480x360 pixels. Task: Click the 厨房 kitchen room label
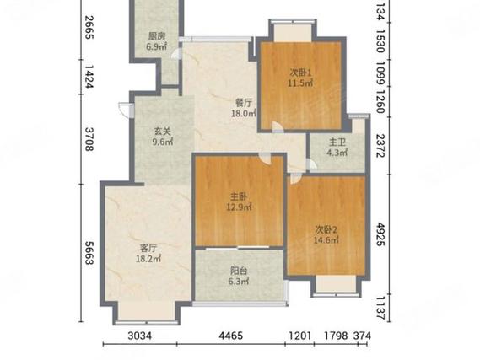coord(157,37)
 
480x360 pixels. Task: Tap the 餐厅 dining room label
coord(244,103)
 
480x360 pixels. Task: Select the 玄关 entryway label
coord(162,132)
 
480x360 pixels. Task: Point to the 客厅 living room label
coord(148,248)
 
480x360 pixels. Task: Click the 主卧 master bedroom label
coord(239,196)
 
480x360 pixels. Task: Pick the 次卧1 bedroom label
coord(300,73)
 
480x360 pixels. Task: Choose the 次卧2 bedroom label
coord(326,229)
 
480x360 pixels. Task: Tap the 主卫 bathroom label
coord(337,142)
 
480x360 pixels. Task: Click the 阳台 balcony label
coord(239,271)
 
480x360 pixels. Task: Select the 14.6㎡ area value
coord(326,240)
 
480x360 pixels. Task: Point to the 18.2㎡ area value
coord(148,259)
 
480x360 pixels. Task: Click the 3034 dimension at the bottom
coord(139,336)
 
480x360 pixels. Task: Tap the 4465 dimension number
coord(231,336)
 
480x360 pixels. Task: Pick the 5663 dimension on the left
coord(89,253)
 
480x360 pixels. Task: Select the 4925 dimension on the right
coord(380,234)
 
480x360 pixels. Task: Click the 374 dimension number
coord(362,336)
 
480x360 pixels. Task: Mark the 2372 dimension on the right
coord(380,146)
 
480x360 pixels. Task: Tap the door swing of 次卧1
coord(278,127)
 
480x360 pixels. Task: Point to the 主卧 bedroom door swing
coord(265,159)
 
